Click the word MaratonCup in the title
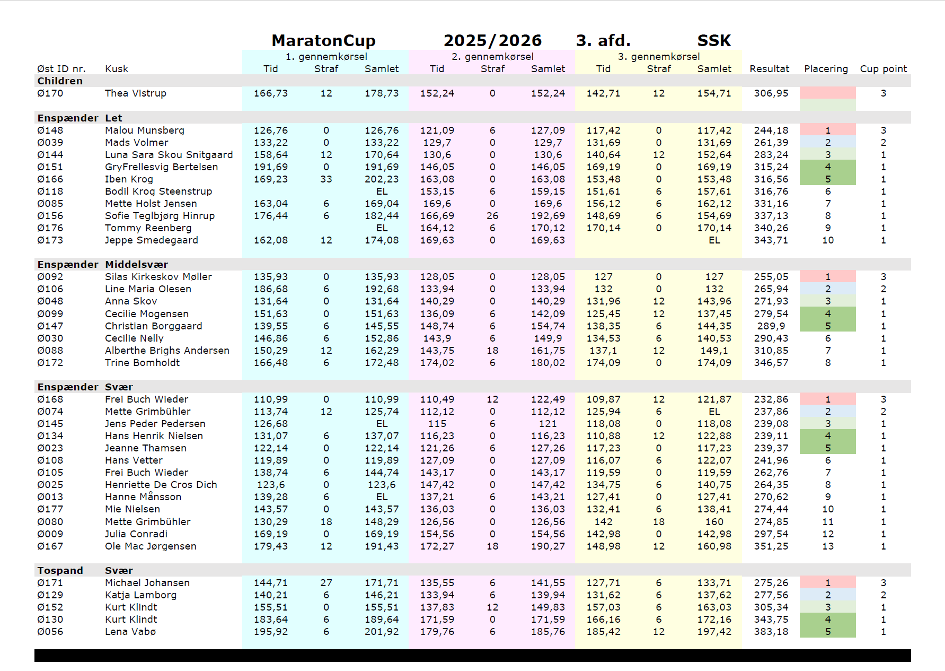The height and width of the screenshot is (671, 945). tap(323, 40)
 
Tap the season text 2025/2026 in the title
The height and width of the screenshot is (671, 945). tap(492, 40)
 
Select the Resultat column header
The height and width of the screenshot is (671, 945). tap(769, 69)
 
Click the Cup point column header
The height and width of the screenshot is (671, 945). tap(883, 69)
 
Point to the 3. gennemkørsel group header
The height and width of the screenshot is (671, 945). tap(658, 57)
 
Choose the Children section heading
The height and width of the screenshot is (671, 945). tap(60, 81)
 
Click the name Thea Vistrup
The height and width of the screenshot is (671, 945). tap(136, 93)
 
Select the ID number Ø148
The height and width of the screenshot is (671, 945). tap(50, 130)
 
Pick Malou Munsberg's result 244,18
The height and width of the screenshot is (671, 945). tap(771, 130)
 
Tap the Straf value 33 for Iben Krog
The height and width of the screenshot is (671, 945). tap(326, 179)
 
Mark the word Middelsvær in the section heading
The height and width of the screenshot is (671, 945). tap(136, 265)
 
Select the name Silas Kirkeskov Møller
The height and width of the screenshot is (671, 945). tap(158, 277)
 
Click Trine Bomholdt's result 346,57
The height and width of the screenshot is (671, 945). tap(771, 363)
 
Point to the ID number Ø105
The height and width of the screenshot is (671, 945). tap(50, 473)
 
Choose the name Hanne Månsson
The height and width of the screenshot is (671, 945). tap(143, 497)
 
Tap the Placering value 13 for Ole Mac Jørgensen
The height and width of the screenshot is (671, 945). tap(827, 546)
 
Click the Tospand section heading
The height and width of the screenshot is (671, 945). tap(60, 571)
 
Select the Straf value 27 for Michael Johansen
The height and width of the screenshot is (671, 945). tap(326, 583)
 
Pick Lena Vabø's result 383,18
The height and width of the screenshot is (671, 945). tap(771, 632)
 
